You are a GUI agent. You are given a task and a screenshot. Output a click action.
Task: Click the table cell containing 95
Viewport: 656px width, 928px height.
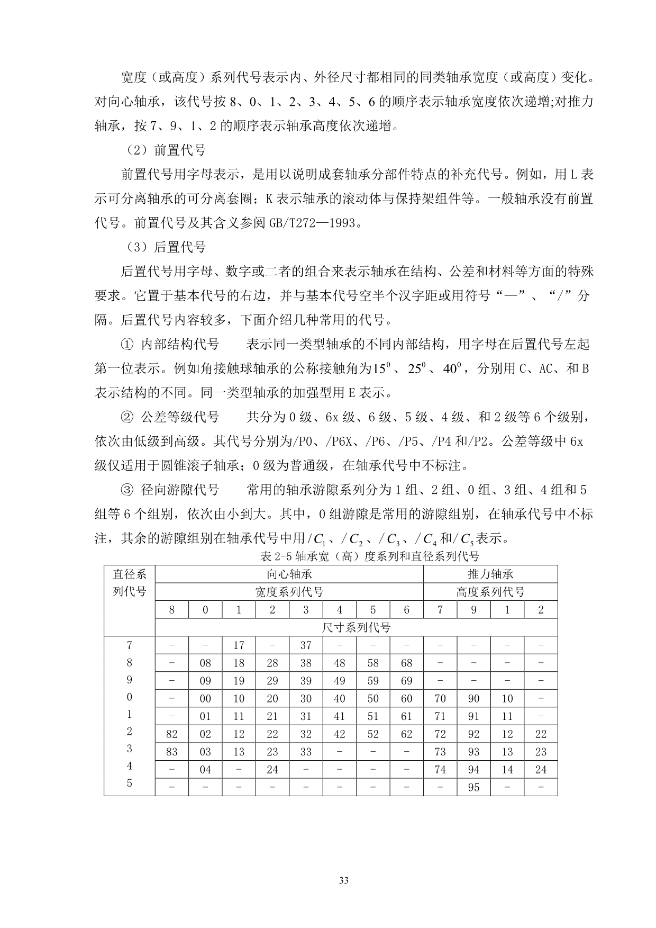coord(473,787)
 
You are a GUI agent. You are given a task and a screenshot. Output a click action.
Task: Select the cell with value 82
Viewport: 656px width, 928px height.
coord(171,734)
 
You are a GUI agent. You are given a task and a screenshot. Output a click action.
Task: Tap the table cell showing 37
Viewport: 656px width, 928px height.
coord(306,645)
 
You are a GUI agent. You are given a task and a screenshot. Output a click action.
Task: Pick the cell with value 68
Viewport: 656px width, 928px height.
coord(406,663)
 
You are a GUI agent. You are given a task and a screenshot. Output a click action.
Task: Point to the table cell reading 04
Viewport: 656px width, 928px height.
coord(205,770)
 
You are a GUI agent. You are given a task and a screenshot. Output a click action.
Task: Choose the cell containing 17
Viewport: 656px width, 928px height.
coord(239,645)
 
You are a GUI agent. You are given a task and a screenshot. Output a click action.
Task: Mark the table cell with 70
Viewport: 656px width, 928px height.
coord(440,699)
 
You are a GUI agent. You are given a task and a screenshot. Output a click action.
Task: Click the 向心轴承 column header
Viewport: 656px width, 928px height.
coord(289,574)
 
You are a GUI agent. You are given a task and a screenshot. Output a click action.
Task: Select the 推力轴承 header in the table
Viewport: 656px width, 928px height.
coord(490,574)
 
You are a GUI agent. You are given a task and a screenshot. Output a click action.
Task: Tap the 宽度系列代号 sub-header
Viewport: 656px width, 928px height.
coord(289,592)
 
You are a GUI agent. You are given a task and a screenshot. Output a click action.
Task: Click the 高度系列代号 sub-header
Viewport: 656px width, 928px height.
coord(490,592)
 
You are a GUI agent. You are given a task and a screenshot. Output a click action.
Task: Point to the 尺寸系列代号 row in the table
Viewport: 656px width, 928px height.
coord(356,628)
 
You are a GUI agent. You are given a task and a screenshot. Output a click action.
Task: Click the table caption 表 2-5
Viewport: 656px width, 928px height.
coord(370,556)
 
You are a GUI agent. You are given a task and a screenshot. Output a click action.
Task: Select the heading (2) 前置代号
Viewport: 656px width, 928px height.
coord(166,150)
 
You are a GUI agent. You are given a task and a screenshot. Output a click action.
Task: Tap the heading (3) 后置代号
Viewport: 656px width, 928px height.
coord(166,247)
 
